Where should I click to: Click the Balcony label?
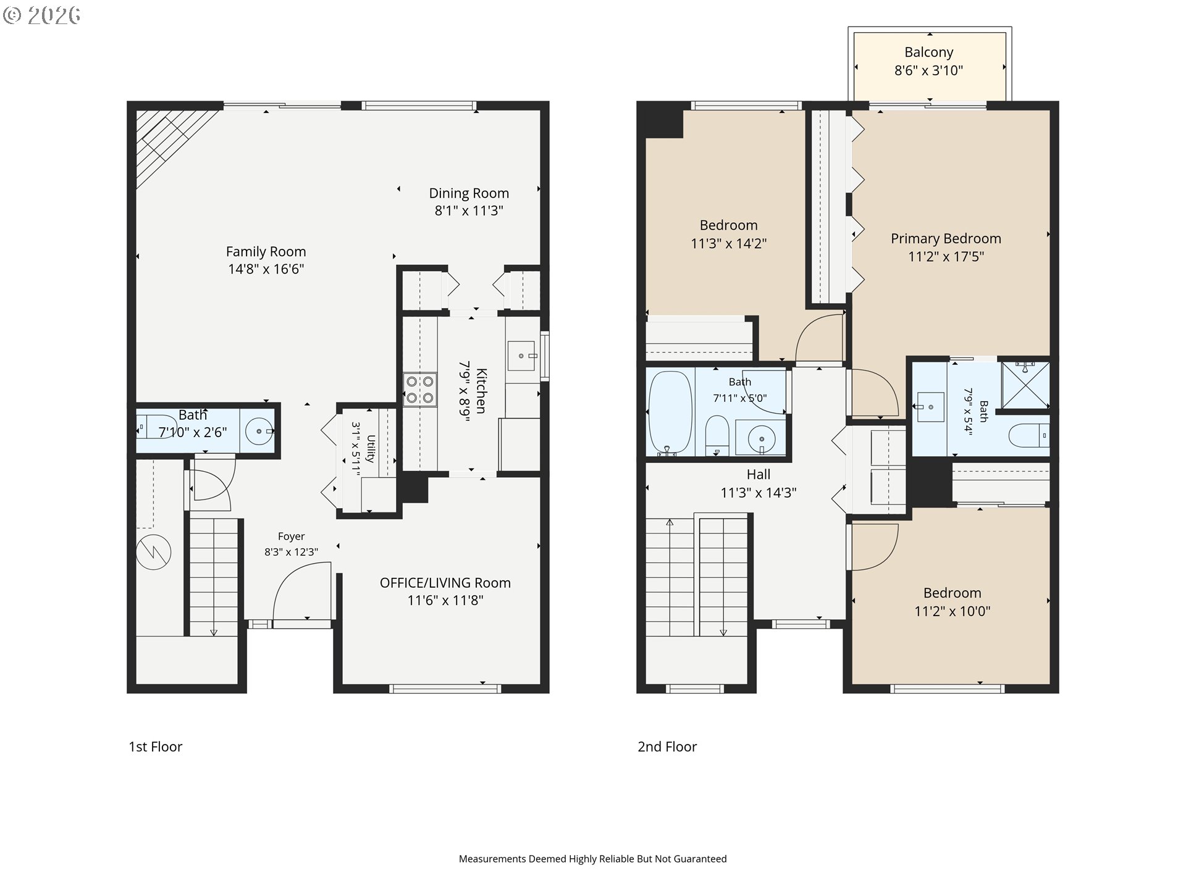click(x=928, y=52)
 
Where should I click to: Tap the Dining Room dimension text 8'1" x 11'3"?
click(x=469, y=211)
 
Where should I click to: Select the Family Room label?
click(x=266, y=251)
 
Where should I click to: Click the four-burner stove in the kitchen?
click(x=420, y=390)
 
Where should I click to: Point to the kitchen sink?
click(x=521, y=356)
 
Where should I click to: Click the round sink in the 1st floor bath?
click(x=259, y=431)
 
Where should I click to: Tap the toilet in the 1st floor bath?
click(x=154, y=427)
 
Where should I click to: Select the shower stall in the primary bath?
click(x=1025, y=385)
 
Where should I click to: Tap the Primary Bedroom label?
click(x=946, y=238)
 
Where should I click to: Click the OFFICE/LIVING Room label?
click(x=445, y=583)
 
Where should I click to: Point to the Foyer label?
click(x=291, y=536)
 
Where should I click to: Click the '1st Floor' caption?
click(x=155, y=746)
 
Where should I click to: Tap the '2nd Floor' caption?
click(x=667, y=746)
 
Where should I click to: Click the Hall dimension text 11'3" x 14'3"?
click(x=759, y=493)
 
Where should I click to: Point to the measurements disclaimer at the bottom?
click(x=592, y=859)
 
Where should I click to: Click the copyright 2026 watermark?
click(x=41, y=15)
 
